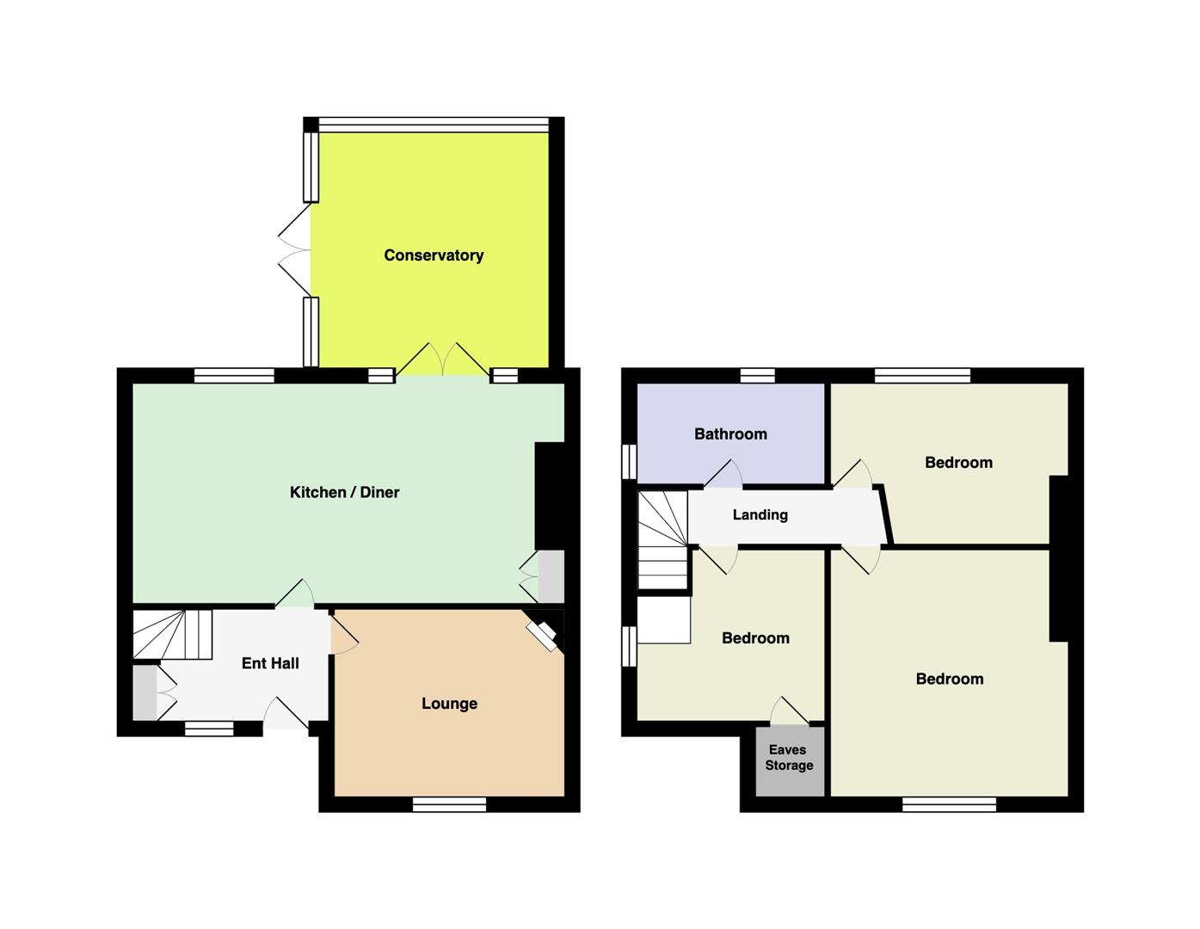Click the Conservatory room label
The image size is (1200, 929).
434,255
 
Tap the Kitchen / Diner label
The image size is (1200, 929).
345,492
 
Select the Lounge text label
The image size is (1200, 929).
450,704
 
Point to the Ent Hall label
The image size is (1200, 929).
270,663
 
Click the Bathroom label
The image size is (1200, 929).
730,434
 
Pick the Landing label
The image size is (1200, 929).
760,515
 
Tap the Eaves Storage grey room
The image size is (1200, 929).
790,761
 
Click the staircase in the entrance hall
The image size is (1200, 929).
172,634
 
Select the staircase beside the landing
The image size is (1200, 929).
662,540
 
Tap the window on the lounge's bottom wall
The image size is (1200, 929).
450,804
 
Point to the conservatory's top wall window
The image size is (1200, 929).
434,125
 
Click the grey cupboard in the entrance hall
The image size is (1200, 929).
145,692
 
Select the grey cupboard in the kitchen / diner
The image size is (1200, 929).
551,576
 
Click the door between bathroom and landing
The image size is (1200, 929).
723,475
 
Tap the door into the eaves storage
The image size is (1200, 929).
790,711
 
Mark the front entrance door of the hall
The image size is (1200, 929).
285,713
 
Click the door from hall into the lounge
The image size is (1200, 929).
343,634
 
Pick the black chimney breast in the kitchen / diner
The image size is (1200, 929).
550,495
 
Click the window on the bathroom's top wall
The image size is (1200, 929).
758,376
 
